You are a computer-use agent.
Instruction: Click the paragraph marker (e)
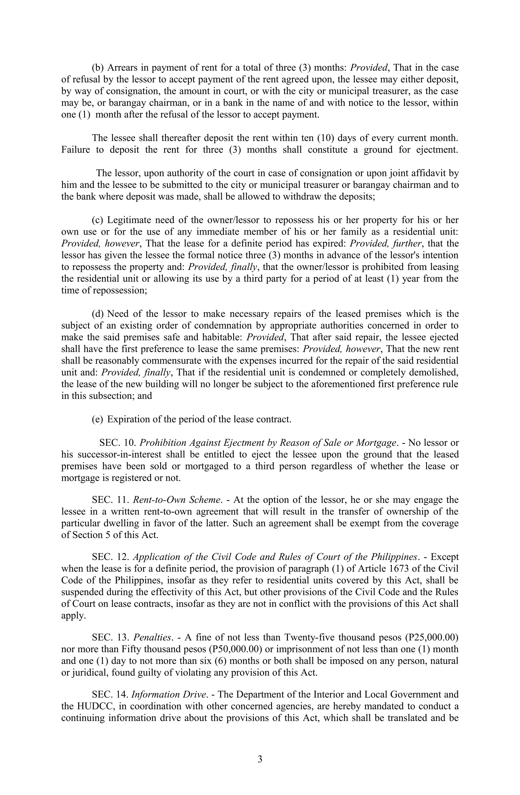[97, 419]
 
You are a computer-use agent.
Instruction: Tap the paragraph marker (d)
[97, 314]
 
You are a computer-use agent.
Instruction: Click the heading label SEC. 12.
[109, 557]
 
